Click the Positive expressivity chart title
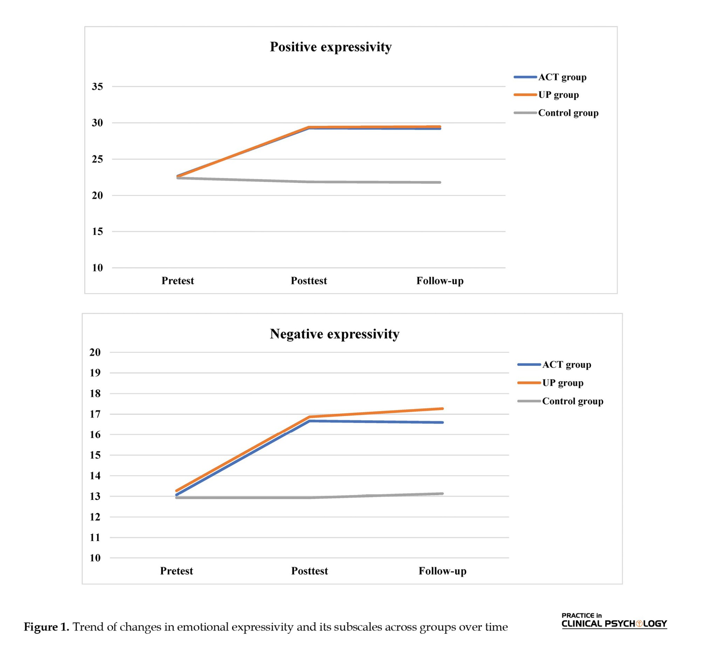tap(331, 47)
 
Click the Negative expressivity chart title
tap(334, 334)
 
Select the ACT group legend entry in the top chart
tap(562, 77)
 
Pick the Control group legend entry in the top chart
tap(568, 113)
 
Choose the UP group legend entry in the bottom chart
tap(562, 383)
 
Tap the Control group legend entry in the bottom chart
tap(572, 401)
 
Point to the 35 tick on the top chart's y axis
tap(97, 87)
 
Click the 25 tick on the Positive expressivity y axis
tap(97, 159)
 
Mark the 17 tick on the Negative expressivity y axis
tap(95, 415)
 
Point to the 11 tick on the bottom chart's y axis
tap(95, 538)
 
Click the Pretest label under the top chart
tap(178, 281)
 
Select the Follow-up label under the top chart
tap(440, 281)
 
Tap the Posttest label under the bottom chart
tap(309, 571)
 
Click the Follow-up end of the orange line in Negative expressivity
tap(443, 409)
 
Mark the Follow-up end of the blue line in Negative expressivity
tap(443, 423)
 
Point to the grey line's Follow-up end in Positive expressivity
tap(440, 182)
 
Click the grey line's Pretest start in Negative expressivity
tap(177, 498)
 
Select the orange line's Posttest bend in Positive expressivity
tap(309, 127)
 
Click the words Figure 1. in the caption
tap(46, 627)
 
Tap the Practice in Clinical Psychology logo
tap(614, 621)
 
